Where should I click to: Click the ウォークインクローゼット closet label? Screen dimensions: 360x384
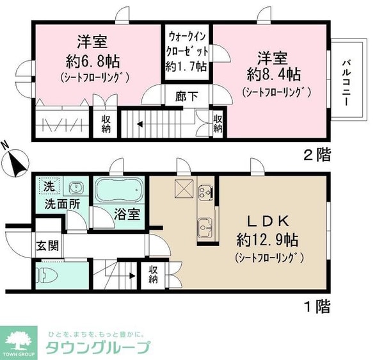tap(187, 49)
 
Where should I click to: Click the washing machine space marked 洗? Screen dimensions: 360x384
tap(49, 188)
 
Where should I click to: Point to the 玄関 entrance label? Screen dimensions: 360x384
tap(44, 244)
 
